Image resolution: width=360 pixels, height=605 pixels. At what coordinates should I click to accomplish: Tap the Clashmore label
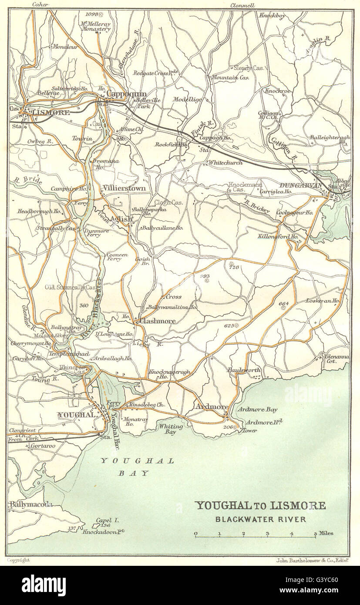[158, 321]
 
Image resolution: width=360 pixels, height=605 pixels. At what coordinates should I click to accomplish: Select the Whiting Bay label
[168, 430]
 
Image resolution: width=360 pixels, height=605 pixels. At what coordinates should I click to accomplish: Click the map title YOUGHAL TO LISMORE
[260, 506]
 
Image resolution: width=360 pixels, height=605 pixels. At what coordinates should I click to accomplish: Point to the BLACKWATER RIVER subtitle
[260, 519]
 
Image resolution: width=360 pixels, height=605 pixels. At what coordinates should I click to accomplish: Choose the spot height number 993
[205, 276]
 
